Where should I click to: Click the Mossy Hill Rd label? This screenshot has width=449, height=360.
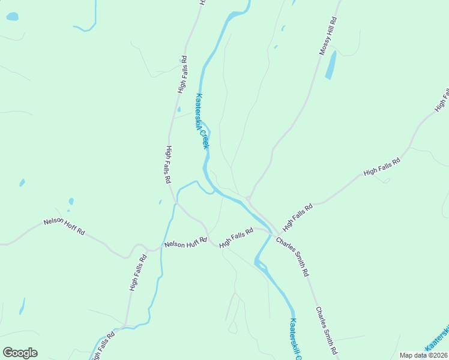(330, 36)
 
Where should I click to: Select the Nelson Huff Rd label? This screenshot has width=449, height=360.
(185, 243)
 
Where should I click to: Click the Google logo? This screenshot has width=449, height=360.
(20, 353)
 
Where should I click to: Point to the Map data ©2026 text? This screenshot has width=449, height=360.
(423, 355)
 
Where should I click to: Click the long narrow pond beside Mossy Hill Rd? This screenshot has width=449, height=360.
(331, 65)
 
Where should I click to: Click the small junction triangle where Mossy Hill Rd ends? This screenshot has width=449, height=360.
(248, 199)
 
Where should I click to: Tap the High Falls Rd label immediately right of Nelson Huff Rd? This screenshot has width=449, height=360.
(236, 237)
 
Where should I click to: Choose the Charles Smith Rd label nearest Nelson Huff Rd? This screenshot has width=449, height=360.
(292, 256)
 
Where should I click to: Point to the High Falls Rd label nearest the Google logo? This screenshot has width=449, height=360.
(102, 347)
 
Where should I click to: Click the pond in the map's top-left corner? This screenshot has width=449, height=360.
(12, 17)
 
